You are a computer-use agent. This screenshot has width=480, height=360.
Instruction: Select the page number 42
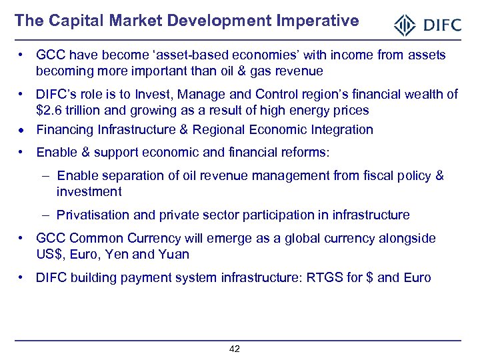pyautogui.click(x=234, y=349)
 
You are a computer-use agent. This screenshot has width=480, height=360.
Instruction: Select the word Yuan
pyautogui.click(x=175, y=254)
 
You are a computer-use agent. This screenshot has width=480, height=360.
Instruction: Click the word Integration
pyautogui.click(x=341, y=129)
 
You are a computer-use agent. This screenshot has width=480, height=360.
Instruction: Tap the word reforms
pyautogui.click(x=303, y=153)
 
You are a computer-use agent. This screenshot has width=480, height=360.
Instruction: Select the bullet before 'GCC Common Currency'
pyautogui.click(x=22, y=239)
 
